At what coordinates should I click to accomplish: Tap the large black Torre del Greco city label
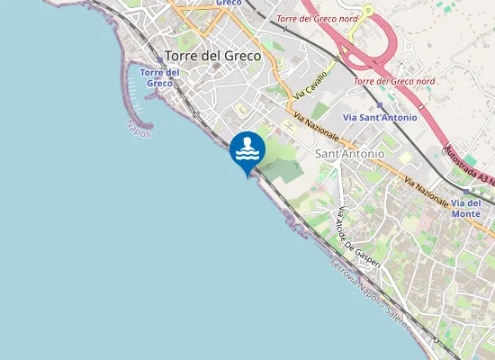click(x=213, y=55)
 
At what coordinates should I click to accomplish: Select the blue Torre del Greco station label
click(x=158, y=77)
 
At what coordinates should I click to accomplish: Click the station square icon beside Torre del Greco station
click(x=160, y=61)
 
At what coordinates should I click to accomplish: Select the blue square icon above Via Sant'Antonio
click(x=380, y=104)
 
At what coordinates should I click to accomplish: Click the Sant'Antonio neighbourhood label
click(x=350, y=154)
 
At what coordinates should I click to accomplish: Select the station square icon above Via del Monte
click(x=465, y=191)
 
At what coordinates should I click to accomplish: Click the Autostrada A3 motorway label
click(x=469, y=162)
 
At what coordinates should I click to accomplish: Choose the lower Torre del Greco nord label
click(x=395, y=81)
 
